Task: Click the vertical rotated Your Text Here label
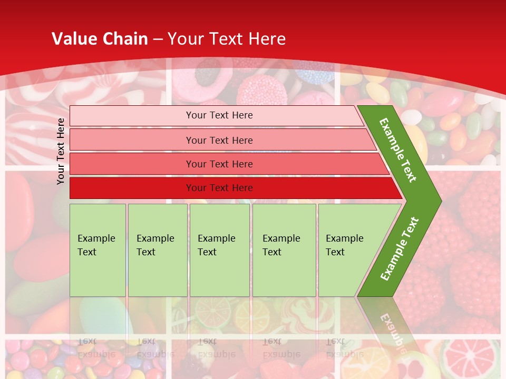(61, 151)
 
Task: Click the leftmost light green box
(98, 250)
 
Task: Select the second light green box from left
(157, 250)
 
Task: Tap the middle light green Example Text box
(219, 250)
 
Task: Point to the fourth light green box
(284, 250)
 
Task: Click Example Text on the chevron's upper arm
(398, 150)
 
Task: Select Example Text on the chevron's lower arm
(400, 248)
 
